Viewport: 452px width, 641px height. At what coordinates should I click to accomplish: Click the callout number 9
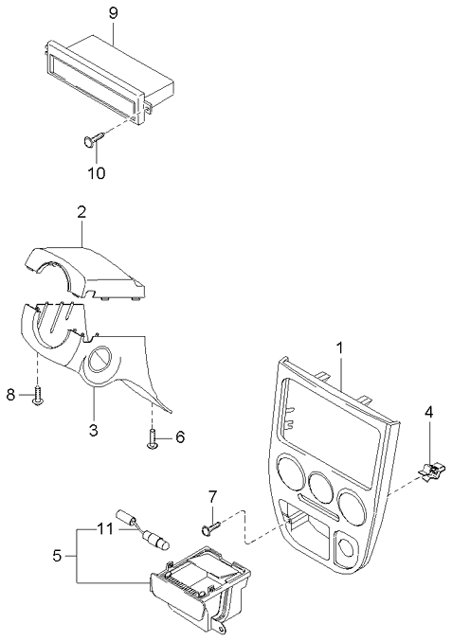(113, 12)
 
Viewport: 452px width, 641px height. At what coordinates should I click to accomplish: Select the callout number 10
(97, 173)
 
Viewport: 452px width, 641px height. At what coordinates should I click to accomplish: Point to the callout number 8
(12, 394)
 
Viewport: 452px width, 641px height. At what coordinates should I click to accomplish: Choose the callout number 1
(339, 348)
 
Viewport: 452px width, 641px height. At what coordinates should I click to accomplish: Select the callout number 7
(212, 495)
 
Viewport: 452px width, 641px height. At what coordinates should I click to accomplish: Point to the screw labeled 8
(37, 396)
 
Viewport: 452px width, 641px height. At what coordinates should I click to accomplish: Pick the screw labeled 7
(210, 519)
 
